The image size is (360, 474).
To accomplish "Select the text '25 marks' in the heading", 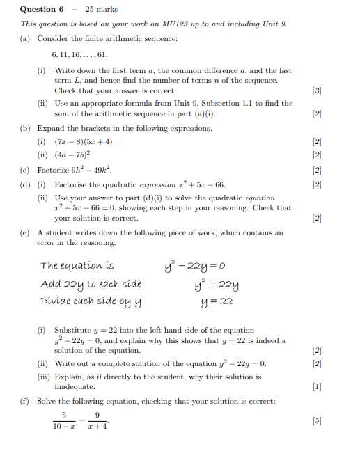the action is (x=102, y=9).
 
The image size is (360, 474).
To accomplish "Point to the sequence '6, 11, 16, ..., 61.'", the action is (x=79, y=54).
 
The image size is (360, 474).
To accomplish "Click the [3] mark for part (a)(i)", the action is (x=317, y=90).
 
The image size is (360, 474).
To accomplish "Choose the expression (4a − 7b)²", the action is (x=72, y=155).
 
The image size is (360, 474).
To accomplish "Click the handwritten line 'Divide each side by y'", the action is (x=91, y=301).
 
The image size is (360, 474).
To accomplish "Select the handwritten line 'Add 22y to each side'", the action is (x=91, y=283).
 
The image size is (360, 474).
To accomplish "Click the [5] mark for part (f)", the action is (x=317, y=420).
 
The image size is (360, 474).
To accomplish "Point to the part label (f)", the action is (x=25, y=401).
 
